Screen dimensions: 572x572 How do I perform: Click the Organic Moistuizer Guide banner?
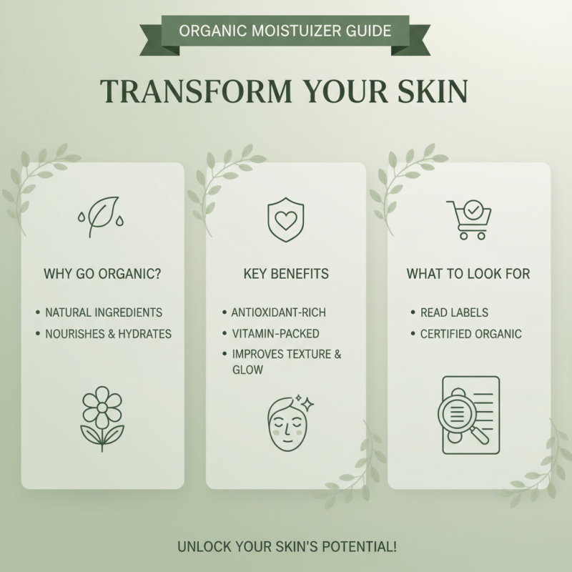tap(285, 31)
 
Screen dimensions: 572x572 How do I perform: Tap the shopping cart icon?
tap(468, 218)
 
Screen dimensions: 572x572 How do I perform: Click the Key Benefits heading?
tap(285, 275)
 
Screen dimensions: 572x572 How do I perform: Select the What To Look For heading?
tap(468, 275)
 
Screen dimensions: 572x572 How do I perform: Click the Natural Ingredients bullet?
tap(104, 312)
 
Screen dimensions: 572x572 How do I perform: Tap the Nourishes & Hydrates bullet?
tap(108, 333)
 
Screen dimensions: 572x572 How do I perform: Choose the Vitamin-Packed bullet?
tap(275, 333)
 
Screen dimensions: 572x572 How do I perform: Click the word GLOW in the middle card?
tap(247, 370)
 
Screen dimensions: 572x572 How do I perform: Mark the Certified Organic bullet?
tap(470, 333)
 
